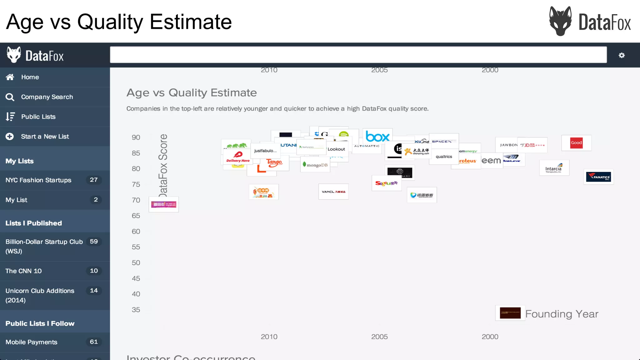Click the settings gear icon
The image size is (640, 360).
(622, 55)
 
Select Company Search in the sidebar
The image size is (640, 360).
(47, 97)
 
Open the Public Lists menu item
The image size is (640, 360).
(38, 117)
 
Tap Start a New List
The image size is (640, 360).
(45, 137)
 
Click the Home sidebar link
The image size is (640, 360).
(30, 77)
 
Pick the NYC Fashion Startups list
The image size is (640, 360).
(38, 180)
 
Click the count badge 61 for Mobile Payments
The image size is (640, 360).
(94, 342)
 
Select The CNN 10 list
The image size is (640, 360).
(23, 271)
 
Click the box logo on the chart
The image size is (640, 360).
(377, 137)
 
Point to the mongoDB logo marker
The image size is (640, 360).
(315, 165)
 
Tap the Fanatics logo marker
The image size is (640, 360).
(598, 177)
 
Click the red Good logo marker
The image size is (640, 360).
(576, 143)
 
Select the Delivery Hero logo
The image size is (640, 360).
(238, 157)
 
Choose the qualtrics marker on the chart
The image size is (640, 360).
(444, 157)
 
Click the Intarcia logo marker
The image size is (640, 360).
(554, 168)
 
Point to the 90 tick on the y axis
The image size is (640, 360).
(136, 137)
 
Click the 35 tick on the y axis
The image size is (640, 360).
(136, 310)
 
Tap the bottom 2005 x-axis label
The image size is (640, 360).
(379, 337)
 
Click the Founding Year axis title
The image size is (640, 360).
(562, 314)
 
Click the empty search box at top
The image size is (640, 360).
(358, 55)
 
